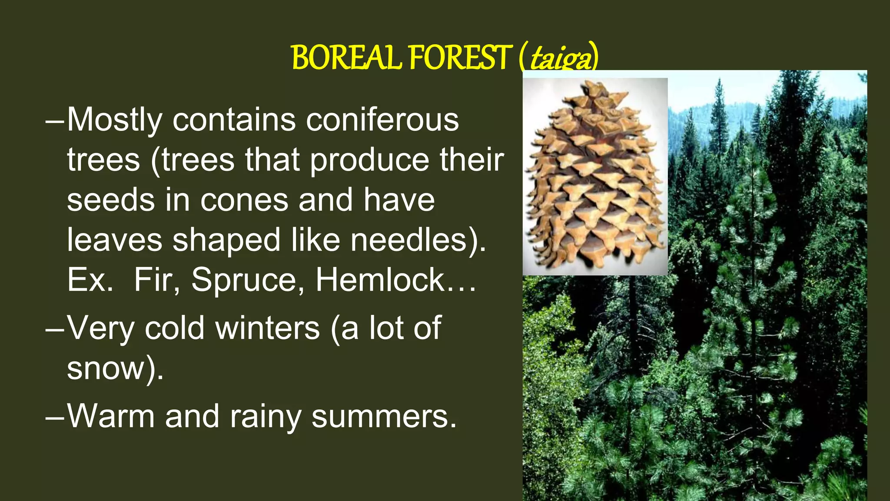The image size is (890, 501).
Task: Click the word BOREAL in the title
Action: coord(346,58)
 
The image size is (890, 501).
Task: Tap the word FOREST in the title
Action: coord(459,58)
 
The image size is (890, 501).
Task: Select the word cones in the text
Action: coord(244,200)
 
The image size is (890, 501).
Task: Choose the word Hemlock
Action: coord(380,280)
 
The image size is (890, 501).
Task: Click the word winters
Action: coord(268,328)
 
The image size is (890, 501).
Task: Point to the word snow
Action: coord(106,369)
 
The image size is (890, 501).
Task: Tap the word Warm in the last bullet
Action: coord(111,416)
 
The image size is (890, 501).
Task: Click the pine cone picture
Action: coord(594,183)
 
